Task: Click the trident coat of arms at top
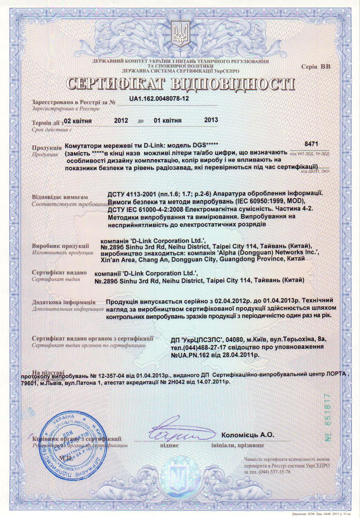(180, 34)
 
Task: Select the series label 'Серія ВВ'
(316, 67)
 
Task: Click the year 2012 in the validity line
(121, 120)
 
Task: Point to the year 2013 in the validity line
(211, 120)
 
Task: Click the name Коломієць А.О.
(248, 435)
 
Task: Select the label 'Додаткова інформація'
(63, 302)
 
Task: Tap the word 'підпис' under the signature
(169, 445)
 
